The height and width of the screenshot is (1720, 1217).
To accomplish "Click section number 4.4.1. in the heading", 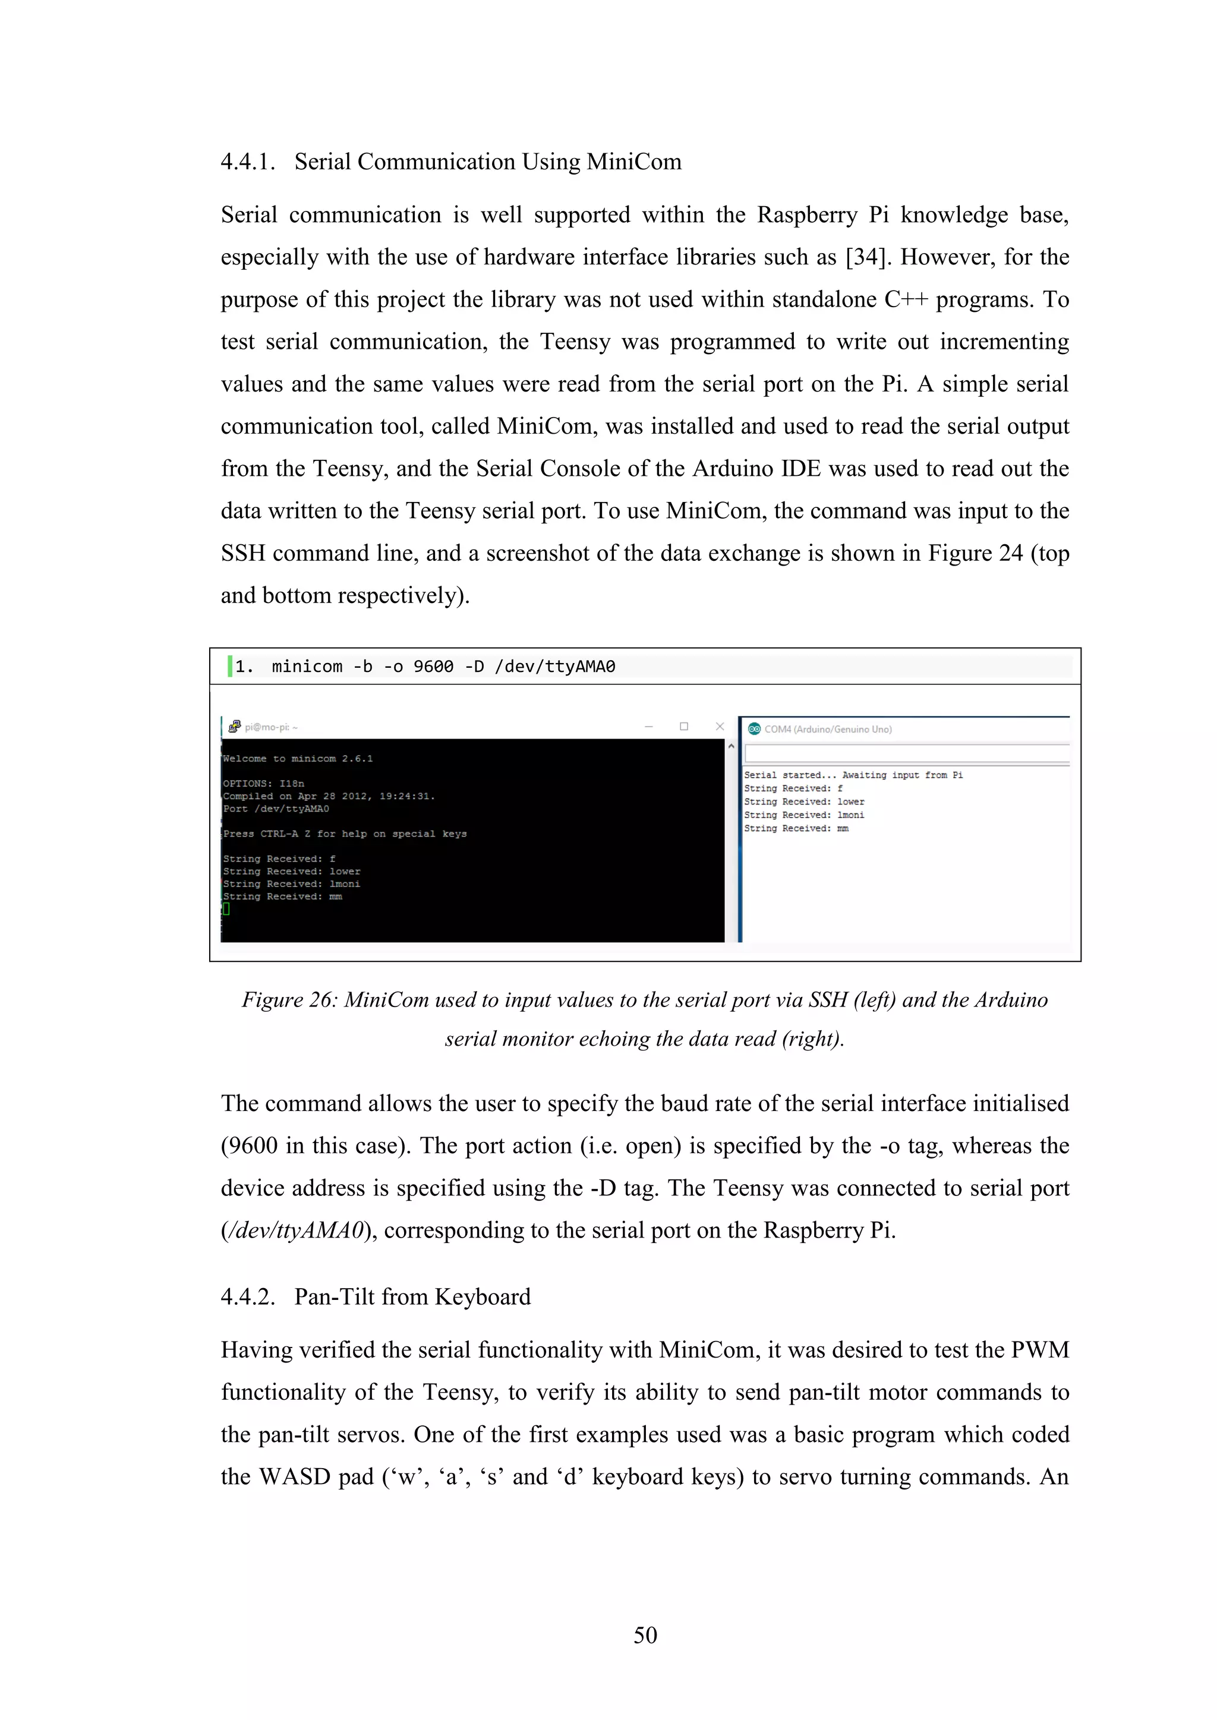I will [247, 162].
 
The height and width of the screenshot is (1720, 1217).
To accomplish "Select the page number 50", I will [645, 1634].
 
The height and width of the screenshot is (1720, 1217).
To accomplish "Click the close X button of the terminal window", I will [720, 726].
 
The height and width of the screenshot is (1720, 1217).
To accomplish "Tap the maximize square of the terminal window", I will [683, 726].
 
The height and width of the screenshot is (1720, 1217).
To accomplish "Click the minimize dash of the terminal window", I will [648, 726].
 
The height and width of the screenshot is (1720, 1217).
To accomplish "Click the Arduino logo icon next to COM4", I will [754, 728].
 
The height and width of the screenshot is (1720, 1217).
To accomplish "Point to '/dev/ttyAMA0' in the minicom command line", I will [554, 666].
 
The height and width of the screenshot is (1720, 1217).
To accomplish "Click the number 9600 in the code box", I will [433, 666].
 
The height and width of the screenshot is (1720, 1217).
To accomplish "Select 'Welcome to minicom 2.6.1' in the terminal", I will [298, 758].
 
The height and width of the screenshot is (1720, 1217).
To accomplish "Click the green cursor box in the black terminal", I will [226, 908].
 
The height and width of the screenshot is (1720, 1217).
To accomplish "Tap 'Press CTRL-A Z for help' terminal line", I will [345, 833].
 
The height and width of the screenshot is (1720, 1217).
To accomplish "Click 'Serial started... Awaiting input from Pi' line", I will [853, 775].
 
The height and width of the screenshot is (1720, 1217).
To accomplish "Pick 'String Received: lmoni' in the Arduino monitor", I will [803, 815].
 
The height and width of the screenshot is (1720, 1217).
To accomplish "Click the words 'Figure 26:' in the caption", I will [289, 999].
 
